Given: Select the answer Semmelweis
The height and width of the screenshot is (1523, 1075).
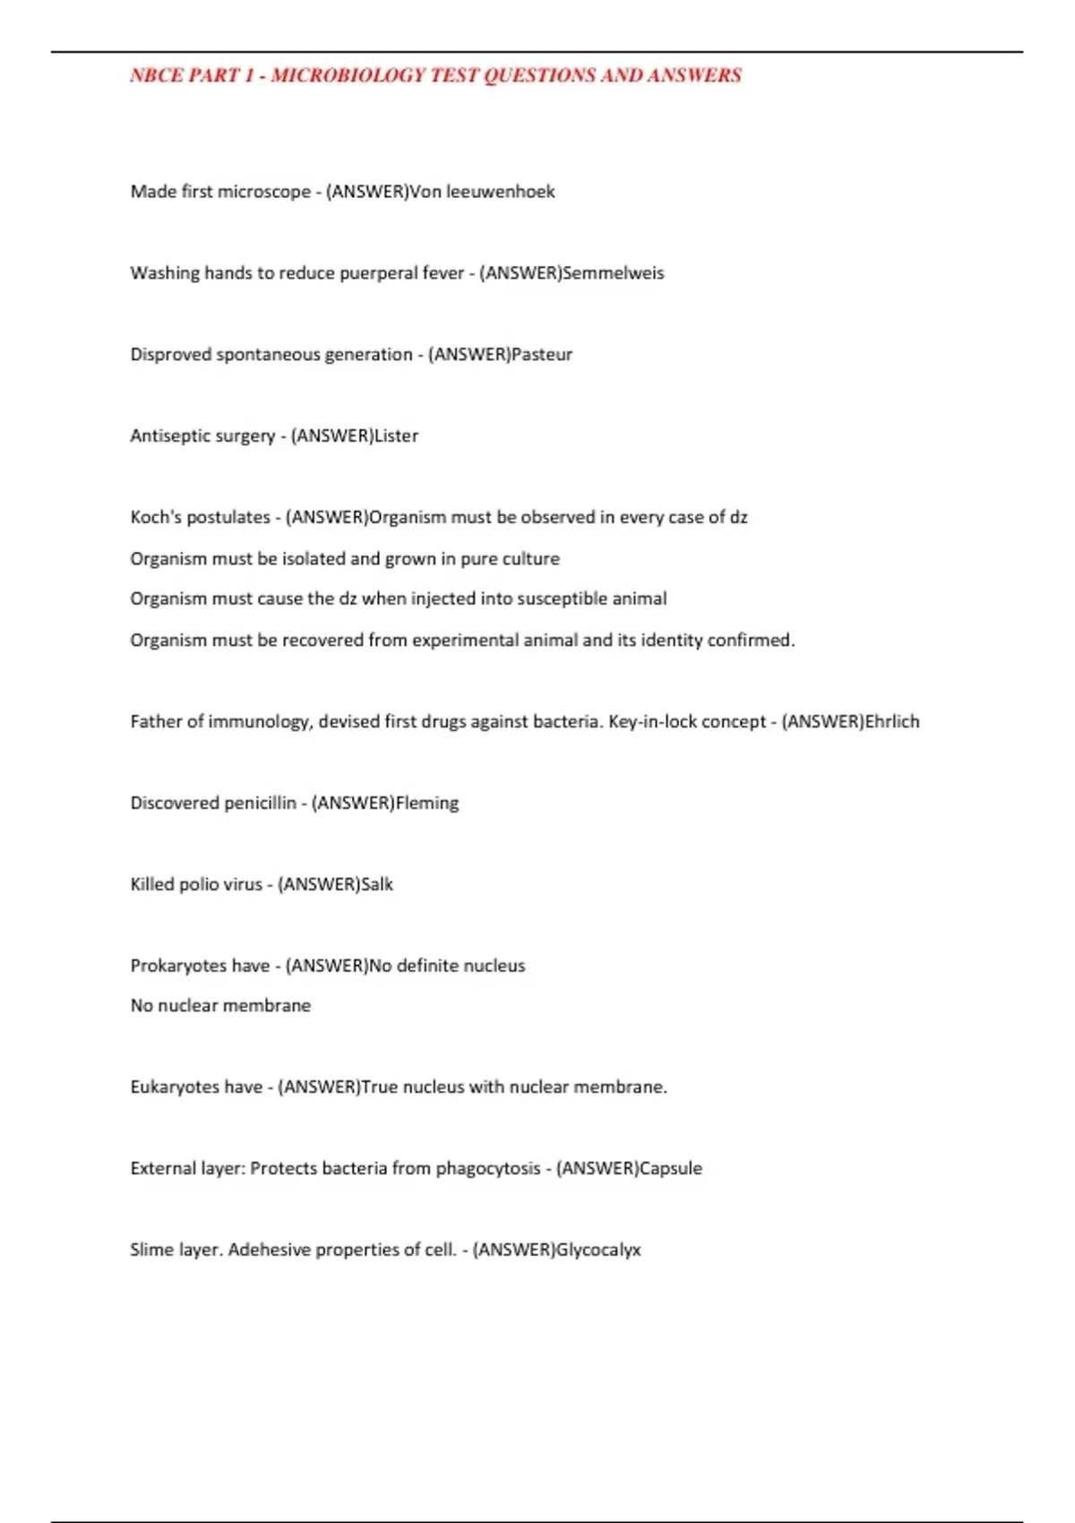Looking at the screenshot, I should [614, 273].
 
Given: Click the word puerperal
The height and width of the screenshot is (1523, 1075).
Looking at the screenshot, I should [378, 273].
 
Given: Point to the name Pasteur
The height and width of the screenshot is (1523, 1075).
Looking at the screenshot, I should [542, 355].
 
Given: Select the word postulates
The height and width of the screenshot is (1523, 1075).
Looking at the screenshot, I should [228, 518].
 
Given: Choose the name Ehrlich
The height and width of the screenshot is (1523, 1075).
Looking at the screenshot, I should [892, 722].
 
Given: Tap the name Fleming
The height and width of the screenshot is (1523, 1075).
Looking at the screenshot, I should [427, 804].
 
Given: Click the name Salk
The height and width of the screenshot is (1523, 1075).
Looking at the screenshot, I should [377, 885].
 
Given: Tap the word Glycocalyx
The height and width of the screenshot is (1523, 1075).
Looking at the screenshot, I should [598, 1250].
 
